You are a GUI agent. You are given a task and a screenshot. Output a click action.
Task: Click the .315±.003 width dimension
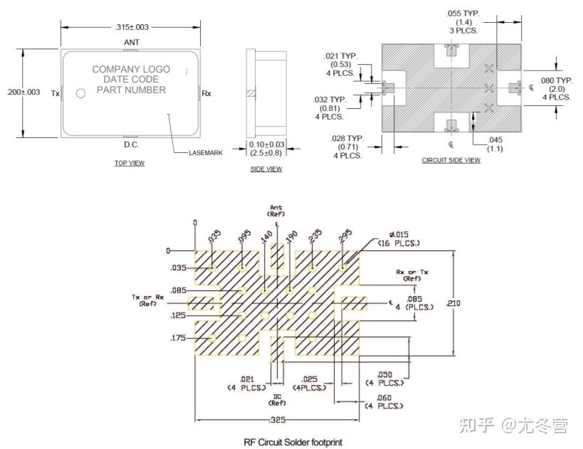coord(132,27)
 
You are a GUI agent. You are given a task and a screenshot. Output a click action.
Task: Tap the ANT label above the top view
coord(132,43)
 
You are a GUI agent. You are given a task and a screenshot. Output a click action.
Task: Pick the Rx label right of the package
coord(206,93)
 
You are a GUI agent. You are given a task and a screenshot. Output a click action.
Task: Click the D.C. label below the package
coord(132,144)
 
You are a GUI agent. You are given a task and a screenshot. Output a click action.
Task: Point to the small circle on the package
coord(80,93)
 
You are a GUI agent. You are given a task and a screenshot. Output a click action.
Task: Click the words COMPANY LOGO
coord(131,69)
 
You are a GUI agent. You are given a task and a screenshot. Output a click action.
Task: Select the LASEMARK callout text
coord(205,153)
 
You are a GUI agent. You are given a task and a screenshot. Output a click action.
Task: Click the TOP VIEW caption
coord(130,163)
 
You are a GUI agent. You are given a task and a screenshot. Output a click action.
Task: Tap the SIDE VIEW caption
coord(266,169)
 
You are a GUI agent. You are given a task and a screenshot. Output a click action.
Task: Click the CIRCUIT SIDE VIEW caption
coord(451,160)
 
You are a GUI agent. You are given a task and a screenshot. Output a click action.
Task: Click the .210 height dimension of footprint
coord(453,303)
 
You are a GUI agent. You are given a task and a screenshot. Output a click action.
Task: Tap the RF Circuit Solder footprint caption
coord(293,442)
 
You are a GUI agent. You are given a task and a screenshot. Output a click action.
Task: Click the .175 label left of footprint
coord(179,338)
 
